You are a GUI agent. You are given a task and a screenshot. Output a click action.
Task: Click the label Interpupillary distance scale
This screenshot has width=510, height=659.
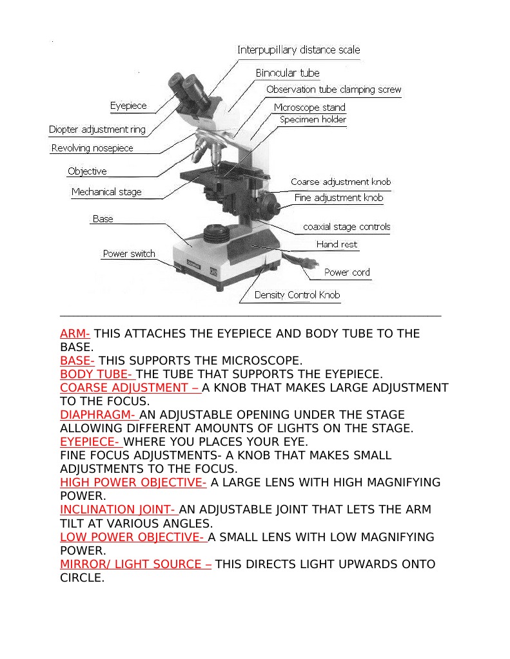[299, 50]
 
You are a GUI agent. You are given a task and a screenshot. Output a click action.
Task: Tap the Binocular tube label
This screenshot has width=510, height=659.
[288, 73]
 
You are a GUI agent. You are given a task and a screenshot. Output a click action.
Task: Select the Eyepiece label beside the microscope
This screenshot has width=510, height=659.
[128, 106]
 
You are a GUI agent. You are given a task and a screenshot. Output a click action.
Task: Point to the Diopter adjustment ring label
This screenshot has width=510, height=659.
[97, 129]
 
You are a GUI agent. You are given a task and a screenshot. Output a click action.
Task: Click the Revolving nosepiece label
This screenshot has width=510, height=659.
[92, 148]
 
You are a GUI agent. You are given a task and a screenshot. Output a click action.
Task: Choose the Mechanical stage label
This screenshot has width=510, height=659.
[106, 192]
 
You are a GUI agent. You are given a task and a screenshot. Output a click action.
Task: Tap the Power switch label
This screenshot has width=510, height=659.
[129, 254]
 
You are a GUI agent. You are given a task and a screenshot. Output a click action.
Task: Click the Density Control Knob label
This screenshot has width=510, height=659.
[297, 295]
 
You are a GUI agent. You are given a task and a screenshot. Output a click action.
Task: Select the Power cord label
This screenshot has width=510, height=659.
[347, 272]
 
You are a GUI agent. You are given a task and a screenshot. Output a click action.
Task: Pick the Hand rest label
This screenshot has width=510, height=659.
[337, 245]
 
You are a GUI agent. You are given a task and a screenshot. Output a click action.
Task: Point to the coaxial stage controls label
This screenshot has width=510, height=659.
[346, 227]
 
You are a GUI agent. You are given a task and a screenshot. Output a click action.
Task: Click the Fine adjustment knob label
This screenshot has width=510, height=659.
[338, 198]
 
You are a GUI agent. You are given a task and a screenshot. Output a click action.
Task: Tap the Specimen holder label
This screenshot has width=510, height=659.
[313, 120]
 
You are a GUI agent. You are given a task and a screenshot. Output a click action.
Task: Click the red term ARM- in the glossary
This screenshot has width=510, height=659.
[75, 334]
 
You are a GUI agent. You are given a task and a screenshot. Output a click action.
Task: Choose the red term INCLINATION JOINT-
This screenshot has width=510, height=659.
[117, 510]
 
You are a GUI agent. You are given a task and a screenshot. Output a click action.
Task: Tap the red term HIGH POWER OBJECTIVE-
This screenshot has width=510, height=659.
[133, 482]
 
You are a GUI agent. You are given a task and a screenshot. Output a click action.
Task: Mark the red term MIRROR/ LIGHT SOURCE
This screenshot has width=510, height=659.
[135, 564]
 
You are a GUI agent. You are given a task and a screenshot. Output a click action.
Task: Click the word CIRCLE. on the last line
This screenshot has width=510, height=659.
[82, 578]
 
